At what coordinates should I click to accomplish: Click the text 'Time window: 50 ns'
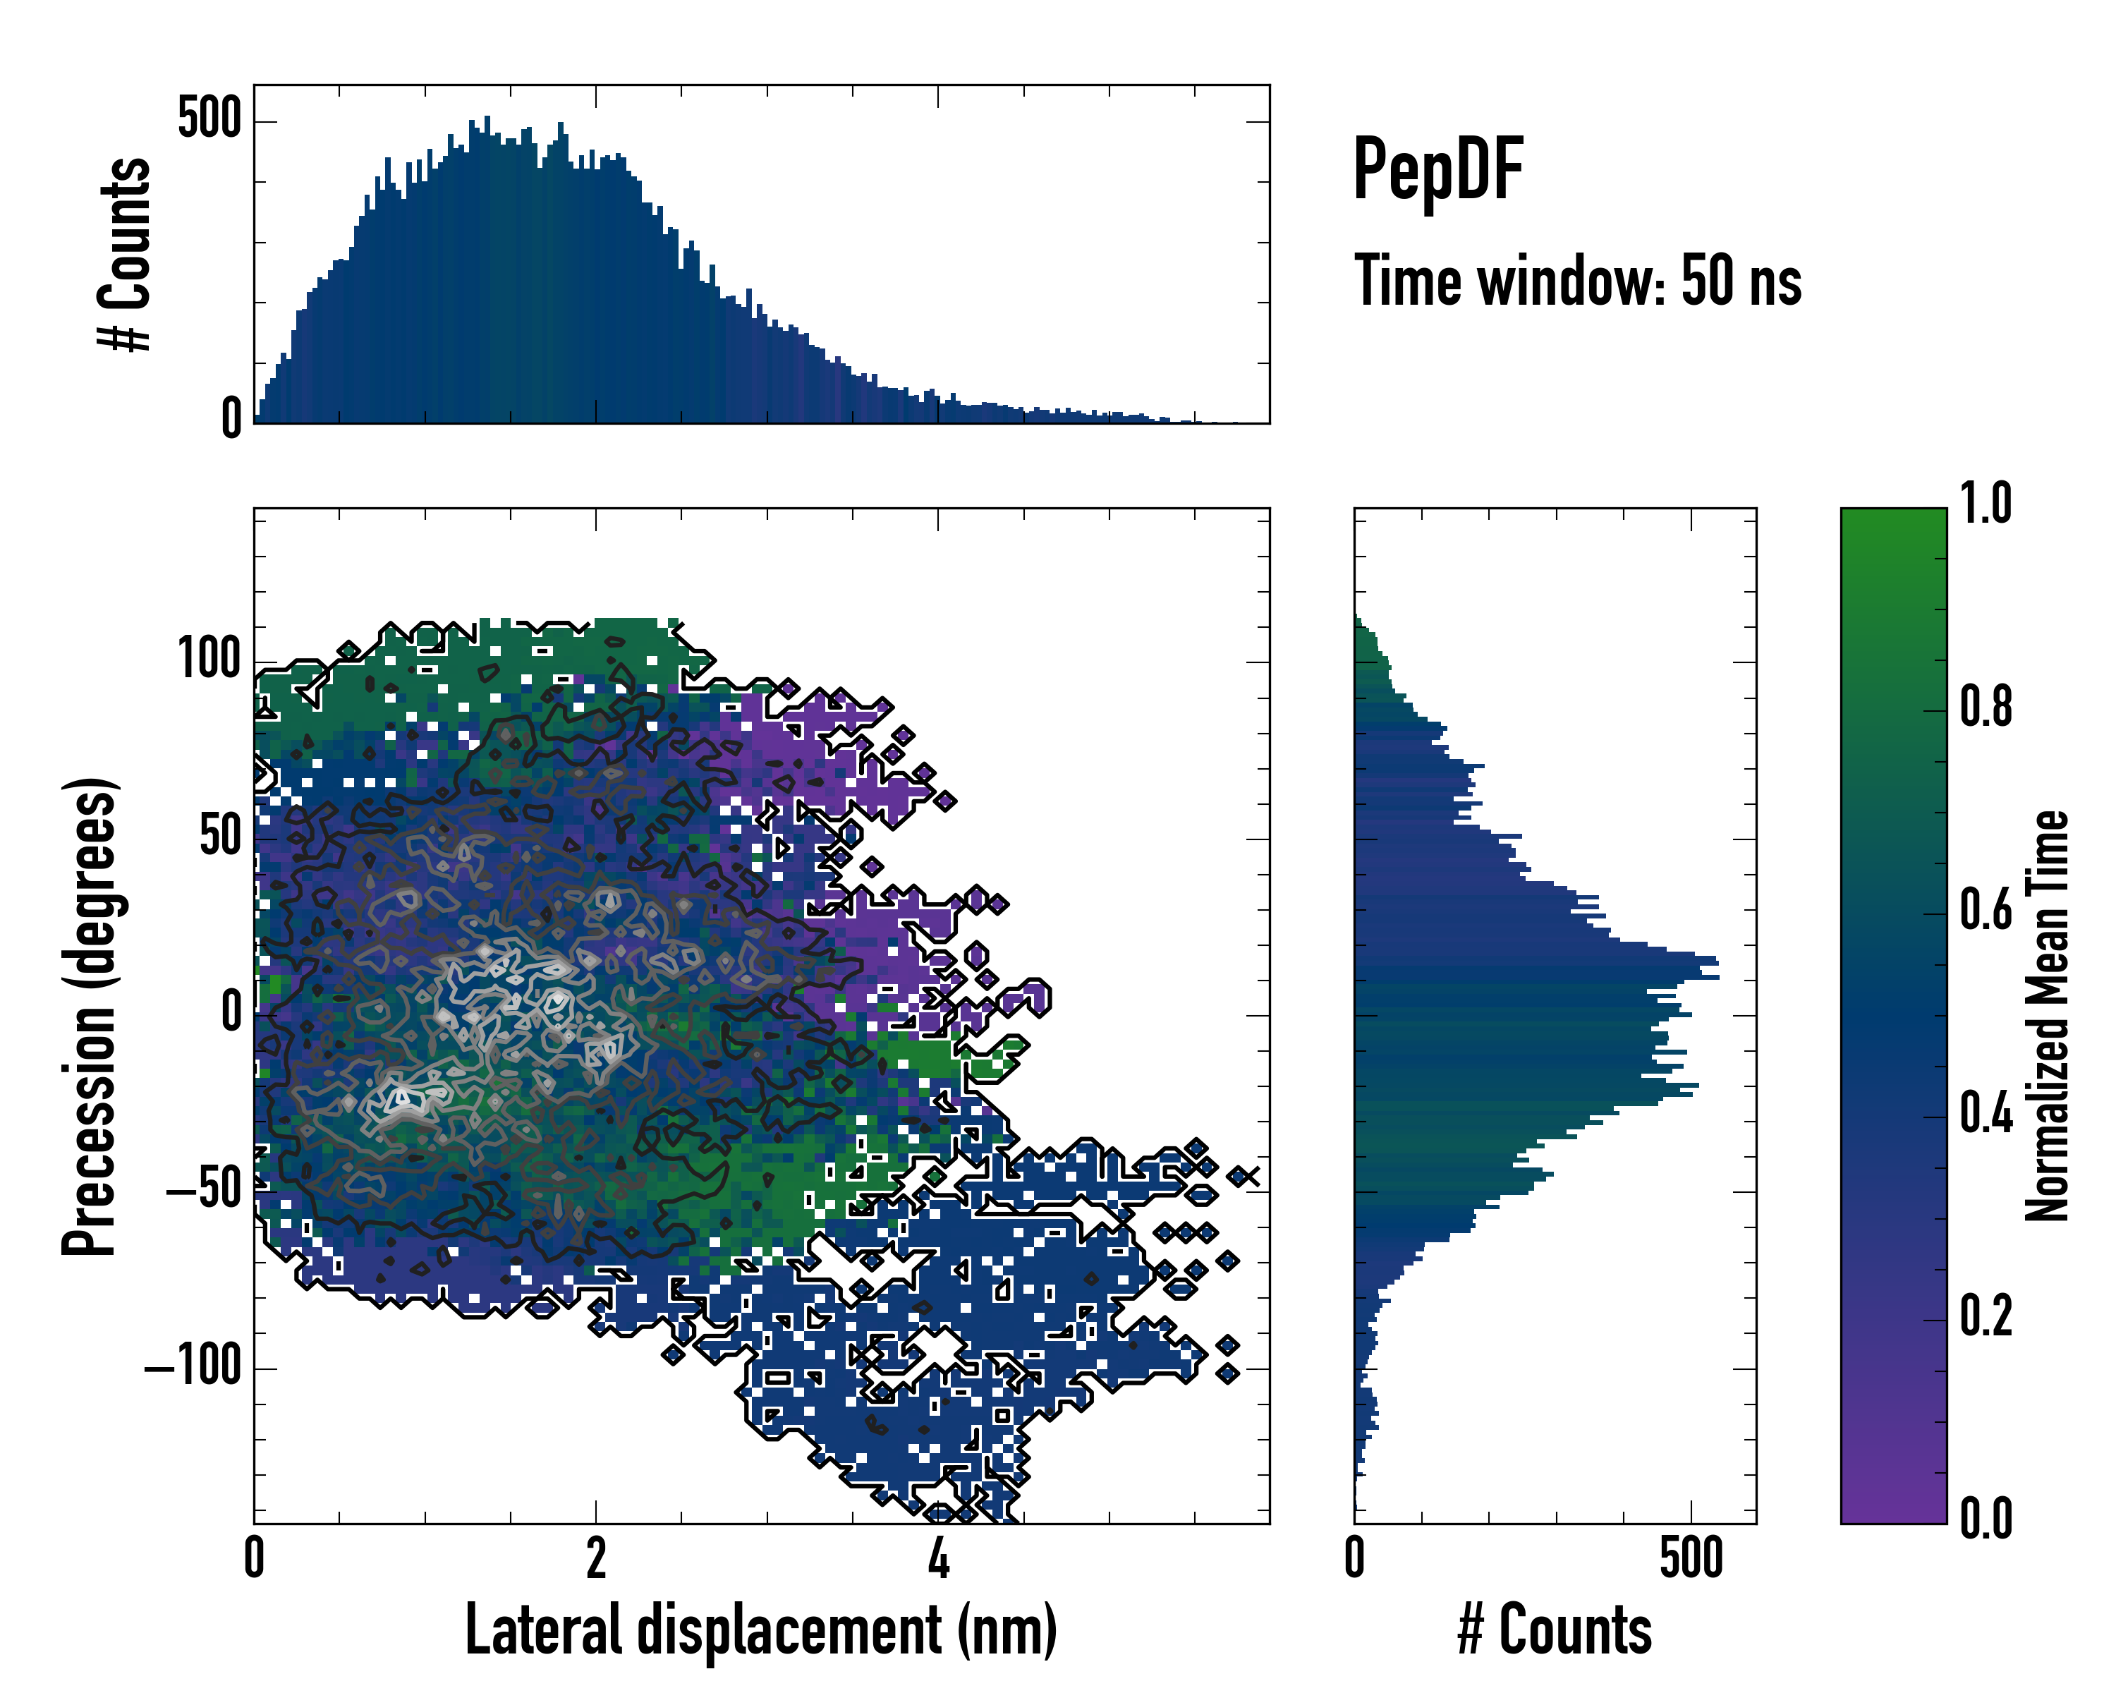1577,281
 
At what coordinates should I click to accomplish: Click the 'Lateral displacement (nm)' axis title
760,1630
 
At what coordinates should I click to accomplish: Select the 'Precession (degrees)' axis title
90,1016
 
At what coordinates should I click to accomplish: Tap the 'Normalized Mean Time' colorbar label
2048,1016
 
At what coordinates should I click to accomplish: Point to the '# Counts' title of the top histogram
126,254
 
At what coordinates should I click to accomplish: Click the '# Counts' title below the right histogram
1555,1630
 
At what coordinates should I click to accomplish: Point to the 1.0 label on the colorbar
1986,504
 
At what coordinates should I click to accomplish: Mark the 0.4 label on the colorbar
1986,1113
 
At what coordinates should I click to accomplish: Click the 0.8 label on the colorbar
1986,707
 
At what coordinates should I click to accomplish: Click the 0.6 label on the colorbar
1986,910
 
